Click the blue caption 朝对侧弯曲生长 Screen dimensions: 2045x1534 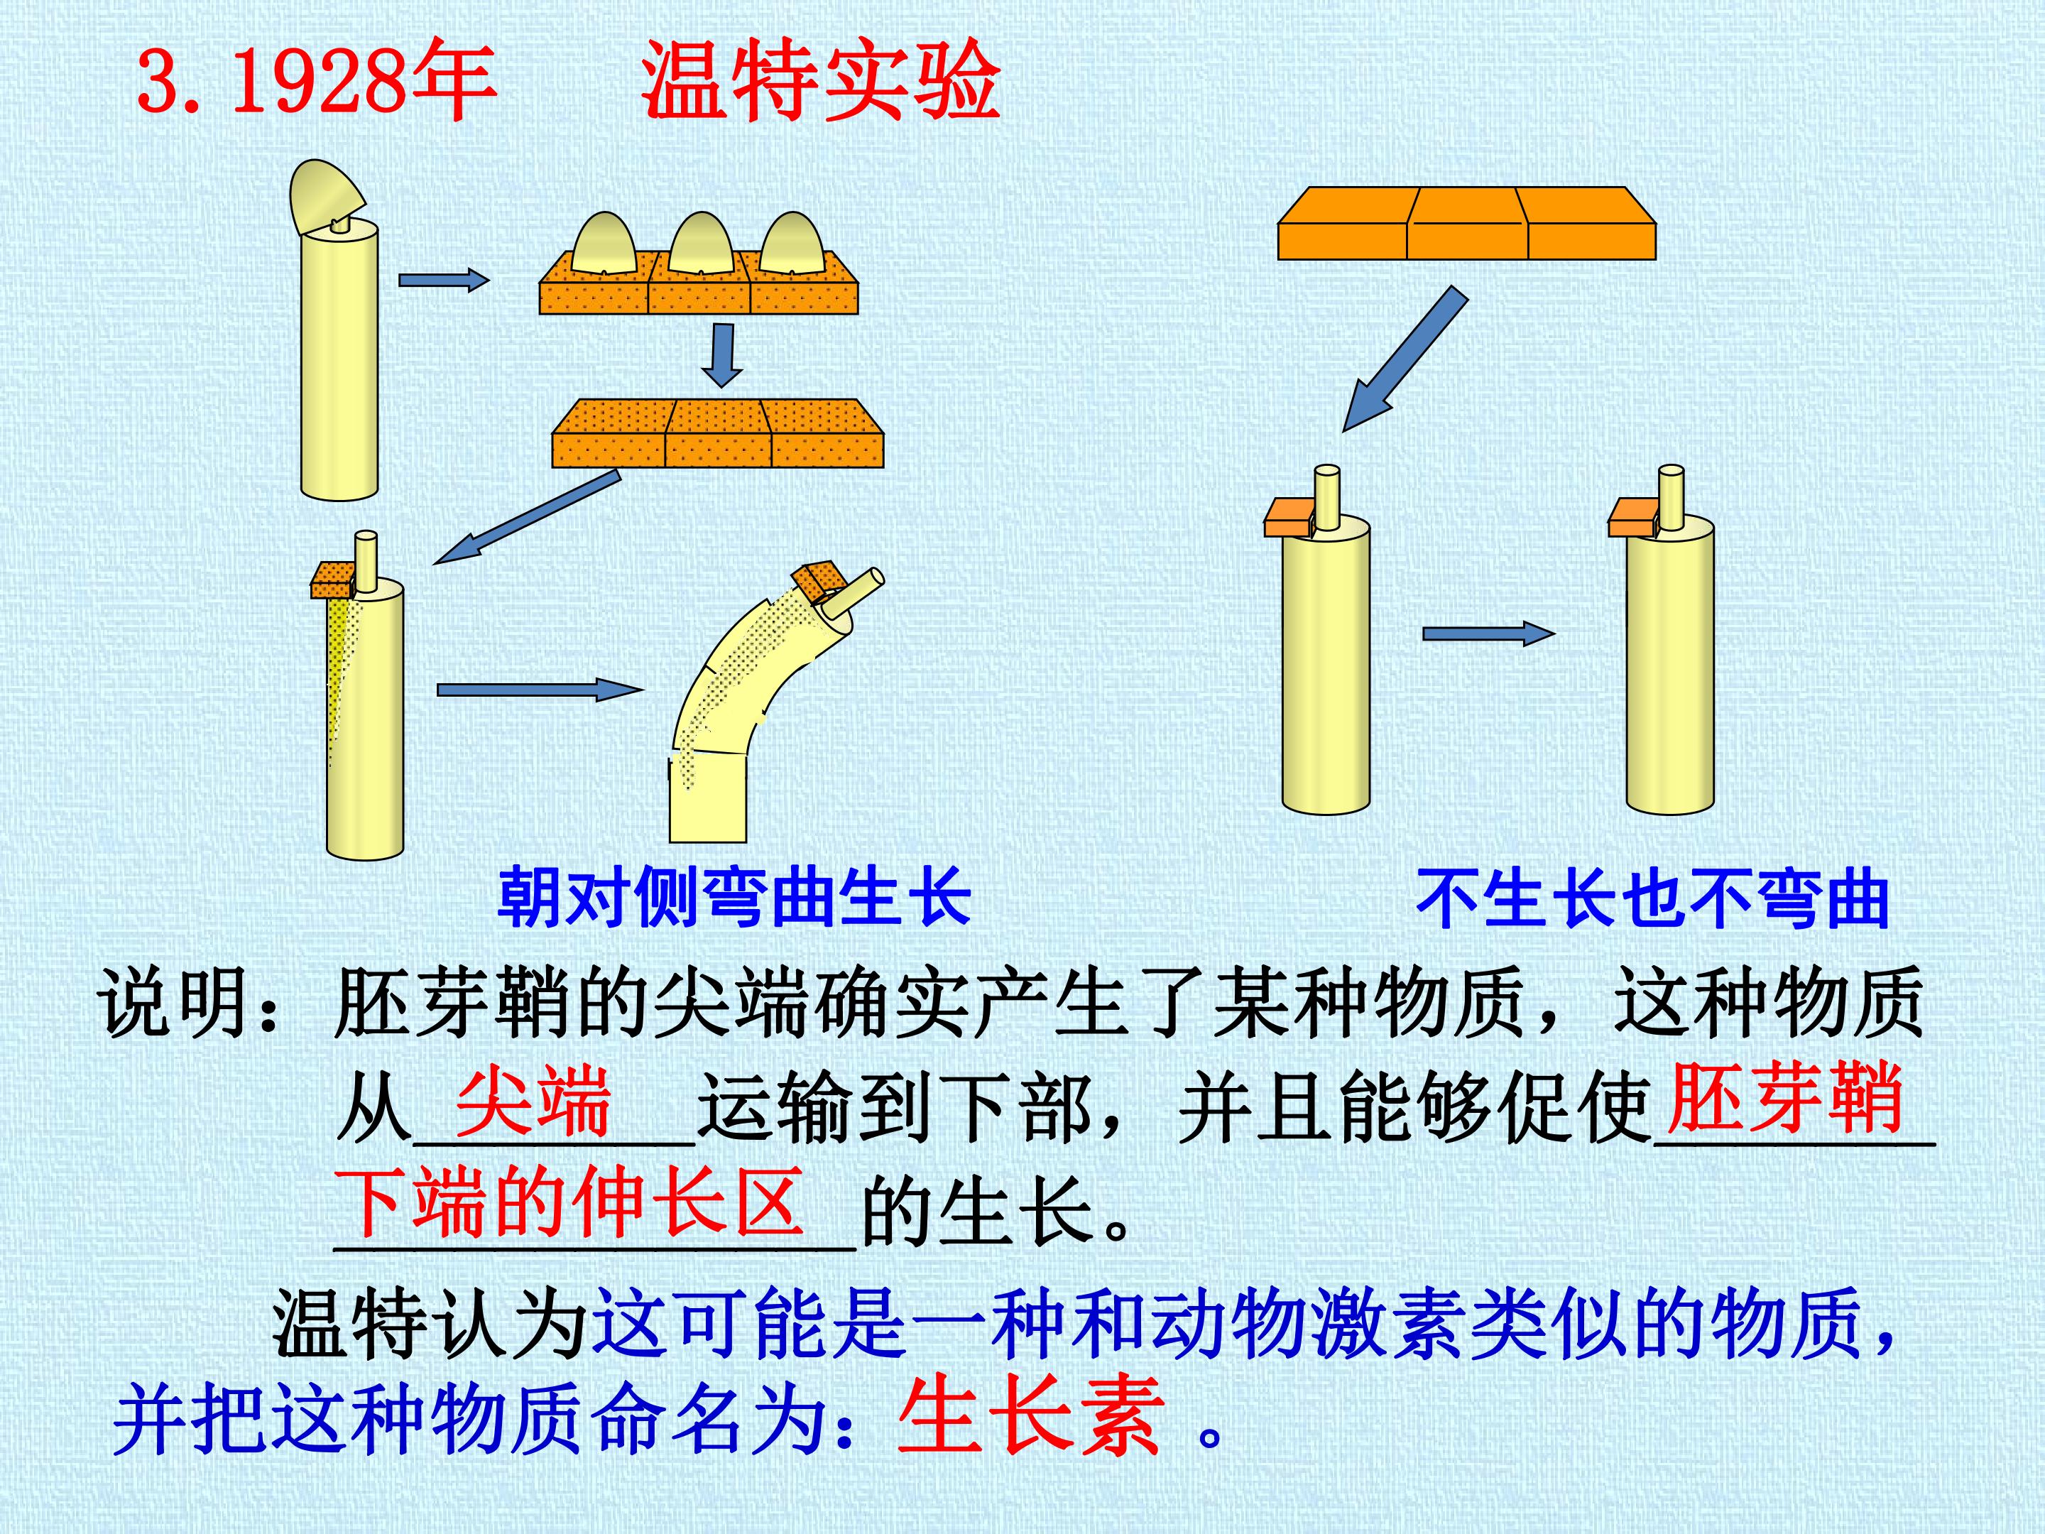click(735, 897)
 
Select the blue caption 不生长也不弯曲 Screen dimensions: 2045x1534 click(1652, 897)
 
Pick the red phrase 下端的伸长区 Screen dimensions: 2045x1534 click(569, 1202)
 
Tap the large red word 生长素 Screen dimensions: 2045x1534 click(1030, 1417)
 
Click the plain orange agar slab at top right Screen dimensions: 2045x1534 click(1466, 223)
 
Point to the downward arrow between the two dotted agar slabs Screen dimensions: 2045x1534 click(722, 355)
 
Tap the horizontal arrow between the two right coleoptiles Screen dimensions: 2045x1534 click(1488, 633)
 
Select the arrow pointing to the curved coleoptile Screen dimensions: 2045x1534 click(540, 690)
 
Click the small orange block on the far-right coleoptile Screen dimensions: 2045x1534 click(1632, 518)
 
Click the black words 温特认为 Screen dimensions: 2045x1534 click(431, 1324)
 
